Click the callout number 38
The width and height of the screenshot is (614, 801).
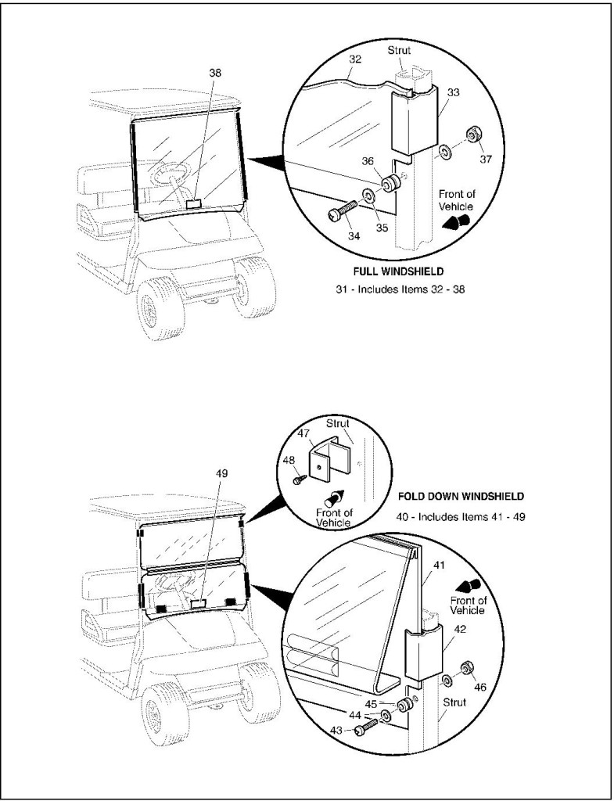click(215, 72)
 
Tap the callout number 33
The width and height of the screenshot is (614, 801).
click(452, 92)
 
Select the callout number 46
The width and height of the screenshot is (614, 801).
click(480, 687)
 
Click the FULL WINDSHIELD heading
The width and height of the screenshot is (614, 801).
click(397, 272)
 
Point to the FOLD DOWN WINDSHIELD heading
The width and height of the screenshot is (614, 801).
click(461, 496)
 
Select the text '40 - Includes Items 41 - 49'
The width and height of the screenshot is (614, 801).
click(461, 517)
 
